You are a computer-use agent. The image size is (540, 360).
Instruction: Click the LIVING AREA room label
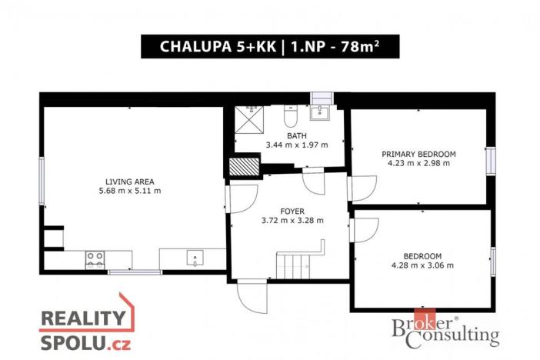[130, 182]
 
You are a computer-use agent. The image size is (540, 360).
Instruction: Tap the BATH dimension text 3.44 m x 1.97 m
[297, 145]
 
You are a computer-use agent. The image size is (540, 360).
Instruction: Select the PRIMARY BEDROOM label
[418, 154]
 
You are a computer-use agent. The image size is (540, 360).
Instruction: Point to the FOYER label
[292, 212]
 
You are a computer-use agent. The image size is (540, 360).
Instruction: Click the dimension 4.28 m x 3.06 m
[422, 265]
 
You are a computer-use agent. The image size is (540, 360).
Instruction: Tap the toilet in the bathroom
[291, 115]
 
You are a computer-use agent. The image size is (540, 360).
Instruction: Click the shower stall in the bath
[249, 119]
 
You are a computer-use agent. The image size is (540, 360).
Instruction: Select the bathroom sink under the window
[320, 112]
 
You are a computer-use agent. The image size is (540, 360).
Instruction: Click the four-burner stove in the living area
[95, 260]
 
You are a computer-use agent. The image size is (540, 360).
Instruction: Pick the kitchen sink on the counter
[195, 258]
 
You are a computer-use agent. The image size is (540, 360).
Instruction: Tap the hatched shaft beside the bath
[244, 166]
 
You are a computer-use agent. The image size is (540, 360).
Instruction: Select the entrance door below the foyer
[252, 296]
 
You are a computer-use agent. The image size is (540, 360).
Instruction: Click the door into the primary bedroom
[362, 188]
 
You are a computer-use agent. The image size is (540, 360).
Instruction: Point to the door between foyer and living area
[242, 199]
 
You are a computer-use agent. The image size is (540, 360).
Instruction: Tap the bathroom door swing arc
[314, 181]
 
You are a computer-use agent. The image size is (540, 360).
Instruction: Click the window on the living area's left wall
[42, 182]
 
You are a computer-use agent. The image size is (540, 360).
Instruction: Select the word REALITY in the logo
[83, 318]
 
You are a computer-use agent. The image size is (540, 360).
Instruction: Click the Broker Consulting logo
[445, 328]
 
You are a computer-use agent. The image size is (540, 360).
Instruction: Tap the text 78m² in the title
[360, 46]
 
